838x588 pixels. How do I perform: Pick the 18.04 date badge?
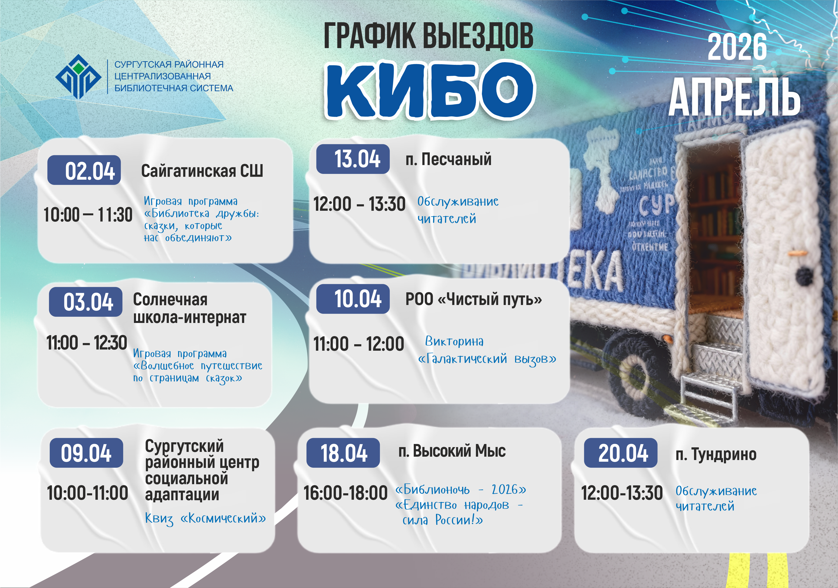tap(343, 453)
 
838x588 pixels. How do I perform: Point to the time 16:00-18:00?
tap(345, 493)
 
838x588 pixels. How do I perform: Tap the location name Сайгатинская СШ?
tap(202, 171)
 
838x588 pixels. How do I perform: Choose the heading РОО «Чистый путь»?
tap(473, 299)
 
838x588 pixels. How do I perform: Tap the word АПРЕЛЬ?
tap(734, 97)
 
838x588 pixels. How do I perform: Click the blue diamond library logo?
tap(78, 77)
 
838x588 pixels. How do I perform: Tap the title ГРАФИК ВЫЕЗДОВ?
tap(429, 36)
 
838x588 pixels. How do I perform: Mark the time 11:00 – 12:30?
tap(87, 343)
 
